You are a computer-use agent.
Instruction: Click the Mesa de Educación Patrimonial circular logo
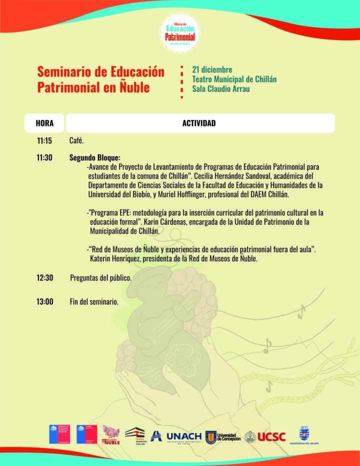click(180, 32)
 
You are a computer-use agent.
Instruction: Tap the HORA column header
click(44, 123)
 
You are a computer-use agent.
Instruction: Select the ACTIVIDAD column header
click(199, 123)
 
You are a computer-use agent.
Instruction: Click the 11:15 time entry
click(44, 141)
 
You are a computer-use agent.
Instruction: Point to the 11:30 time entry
click(44, 157)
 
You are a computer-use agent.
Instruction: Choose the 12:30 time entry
click(44, 277)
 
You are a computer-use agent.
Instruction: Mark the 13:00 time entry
click(44, 302)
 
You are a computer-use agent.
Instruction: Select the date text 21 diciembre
click(212, 69)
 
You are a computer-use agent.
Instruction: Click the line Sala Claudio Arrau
click(221, 89)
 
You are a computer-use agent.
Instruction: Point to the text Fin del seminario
click(94, 302)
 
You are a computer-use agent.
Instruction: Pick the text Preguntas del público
click(100, 277)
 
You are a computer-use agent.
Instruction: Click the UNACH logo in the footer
click(183, 436)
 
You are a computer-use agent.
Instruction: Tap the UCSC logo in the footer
click(271, 436)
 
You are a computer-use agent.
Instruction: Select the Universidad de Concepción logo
click(223, 436)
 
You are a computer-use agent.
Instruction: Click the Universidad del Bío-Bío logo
click(303, 435)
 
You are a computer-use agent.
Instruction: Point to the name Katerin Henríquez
click(119, 258)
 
